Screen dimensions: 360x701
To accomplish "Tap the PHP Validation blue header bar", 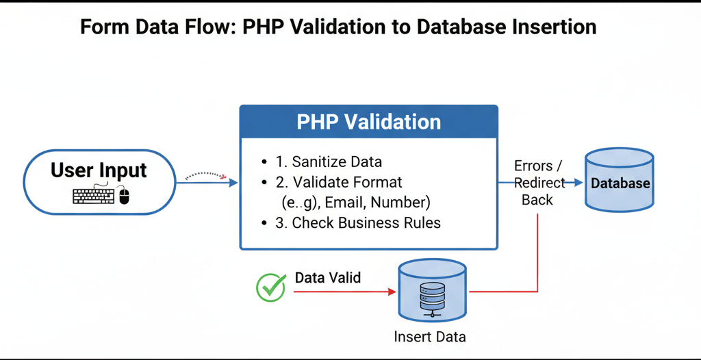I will (x=368, y=122).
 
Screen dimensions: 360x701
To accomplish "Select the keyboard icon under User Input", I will (x=94, y=197).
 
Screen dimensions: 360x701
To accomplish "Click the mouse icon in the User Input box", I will (x=124, y=197).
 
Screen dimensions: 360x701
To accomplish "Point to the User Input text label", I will (x=99, y=170).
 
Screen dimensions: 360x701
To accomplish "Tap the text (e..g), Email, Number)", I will (x=355, y=203).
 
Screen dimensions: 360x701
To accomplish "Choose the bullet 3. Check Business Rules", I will (x=358, y=223).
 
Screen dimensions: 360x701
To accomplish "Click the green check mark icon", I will (x=270, y=287).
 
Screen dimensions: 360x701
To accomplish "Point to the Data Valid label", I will (x=327, y=278).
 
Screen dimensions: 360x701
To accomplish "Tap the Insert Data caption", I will (x=430, y=337).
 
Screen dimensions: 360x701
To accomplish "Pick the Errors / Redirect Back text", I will (x=539, y=183).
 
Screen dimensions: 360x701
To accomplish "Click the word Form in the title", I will (x=105, y=27).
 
